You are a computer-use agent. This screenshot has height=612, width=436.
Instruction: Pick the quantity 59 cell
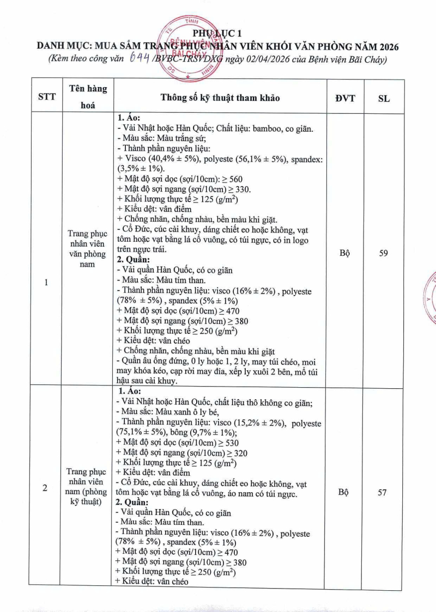tap(383, 253)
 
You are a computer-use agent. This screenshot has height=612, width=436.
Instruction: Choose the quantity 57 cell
tap(383, 492)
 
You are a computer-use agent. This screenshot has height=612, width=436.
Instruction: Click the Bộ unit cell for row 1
tap(344, 253)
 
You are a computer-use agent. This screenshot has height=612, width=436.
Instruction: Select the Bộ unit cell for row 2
tap(344, 492)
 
